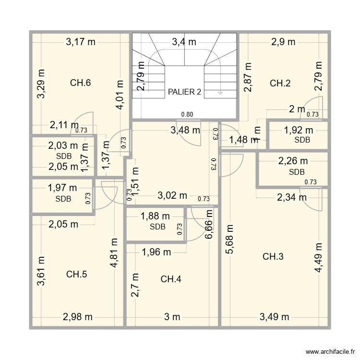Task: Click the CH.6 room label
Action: pos(81,83)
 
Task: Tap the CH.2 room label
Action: pos(280,83)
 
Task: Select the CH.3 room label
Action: pos(273,257)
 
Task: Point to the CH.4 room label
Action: pos(171,279)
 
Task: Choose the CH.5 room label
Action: pos(77,275)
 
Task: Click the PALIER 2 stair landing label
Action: pos(184,92)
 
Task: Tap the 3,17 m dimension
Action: pos(81,42)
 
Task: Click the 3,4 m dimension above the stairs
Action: pos(184,42)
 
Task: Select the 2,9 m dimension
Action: pos(283,42)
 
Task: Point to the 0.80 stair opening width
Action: pos(187,114)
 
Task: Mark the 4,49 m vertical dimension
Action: pos(318,257)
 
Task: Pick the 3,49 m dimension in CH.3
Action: pos(275,316)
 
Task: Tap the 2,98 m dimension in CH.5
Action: pos(77,316)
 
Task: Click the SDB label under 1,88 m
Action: pos(157,227)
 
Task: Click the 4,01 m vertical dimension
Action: pos(120,95)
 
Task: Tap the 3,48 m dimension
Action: pos(185,129)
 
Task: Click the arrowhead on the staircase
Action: pos(220,93)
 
